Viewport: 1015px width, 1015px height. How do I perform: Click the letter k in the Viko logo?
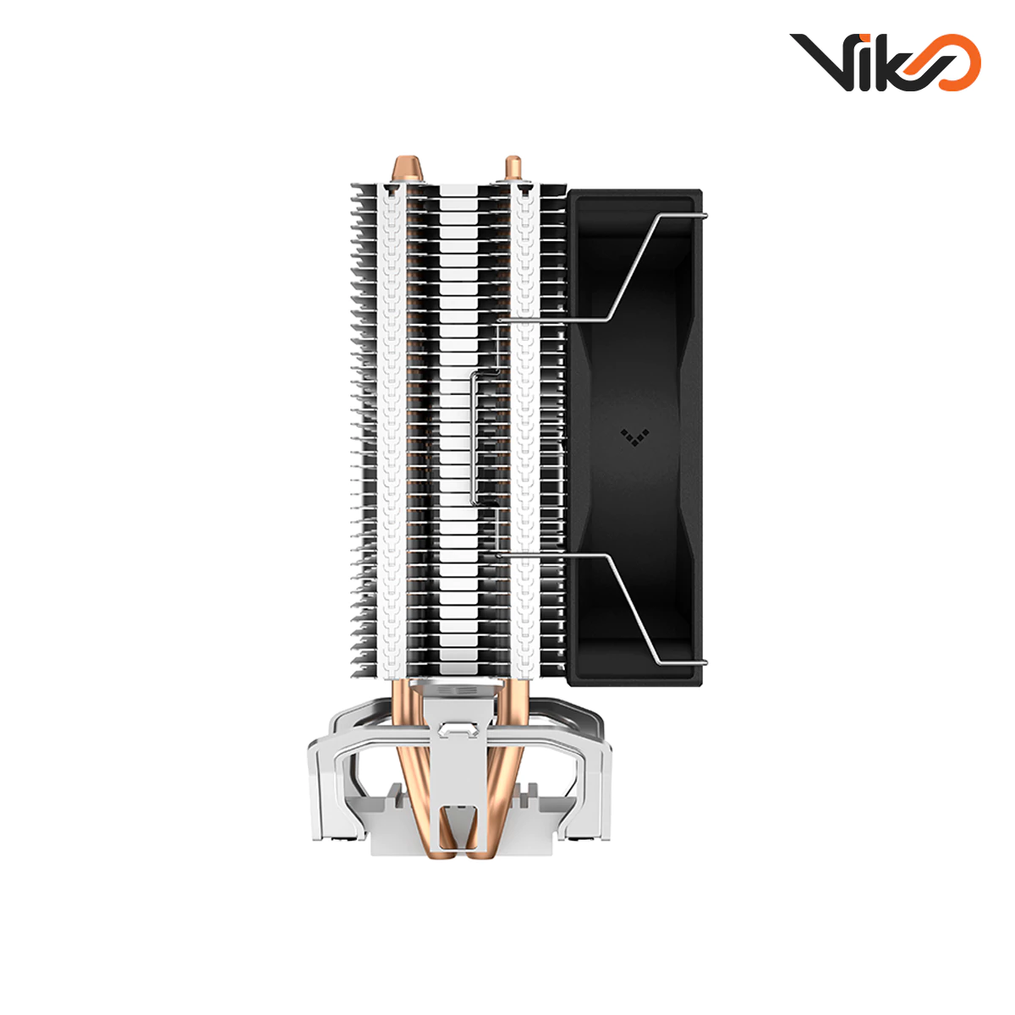pos(897,62)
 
